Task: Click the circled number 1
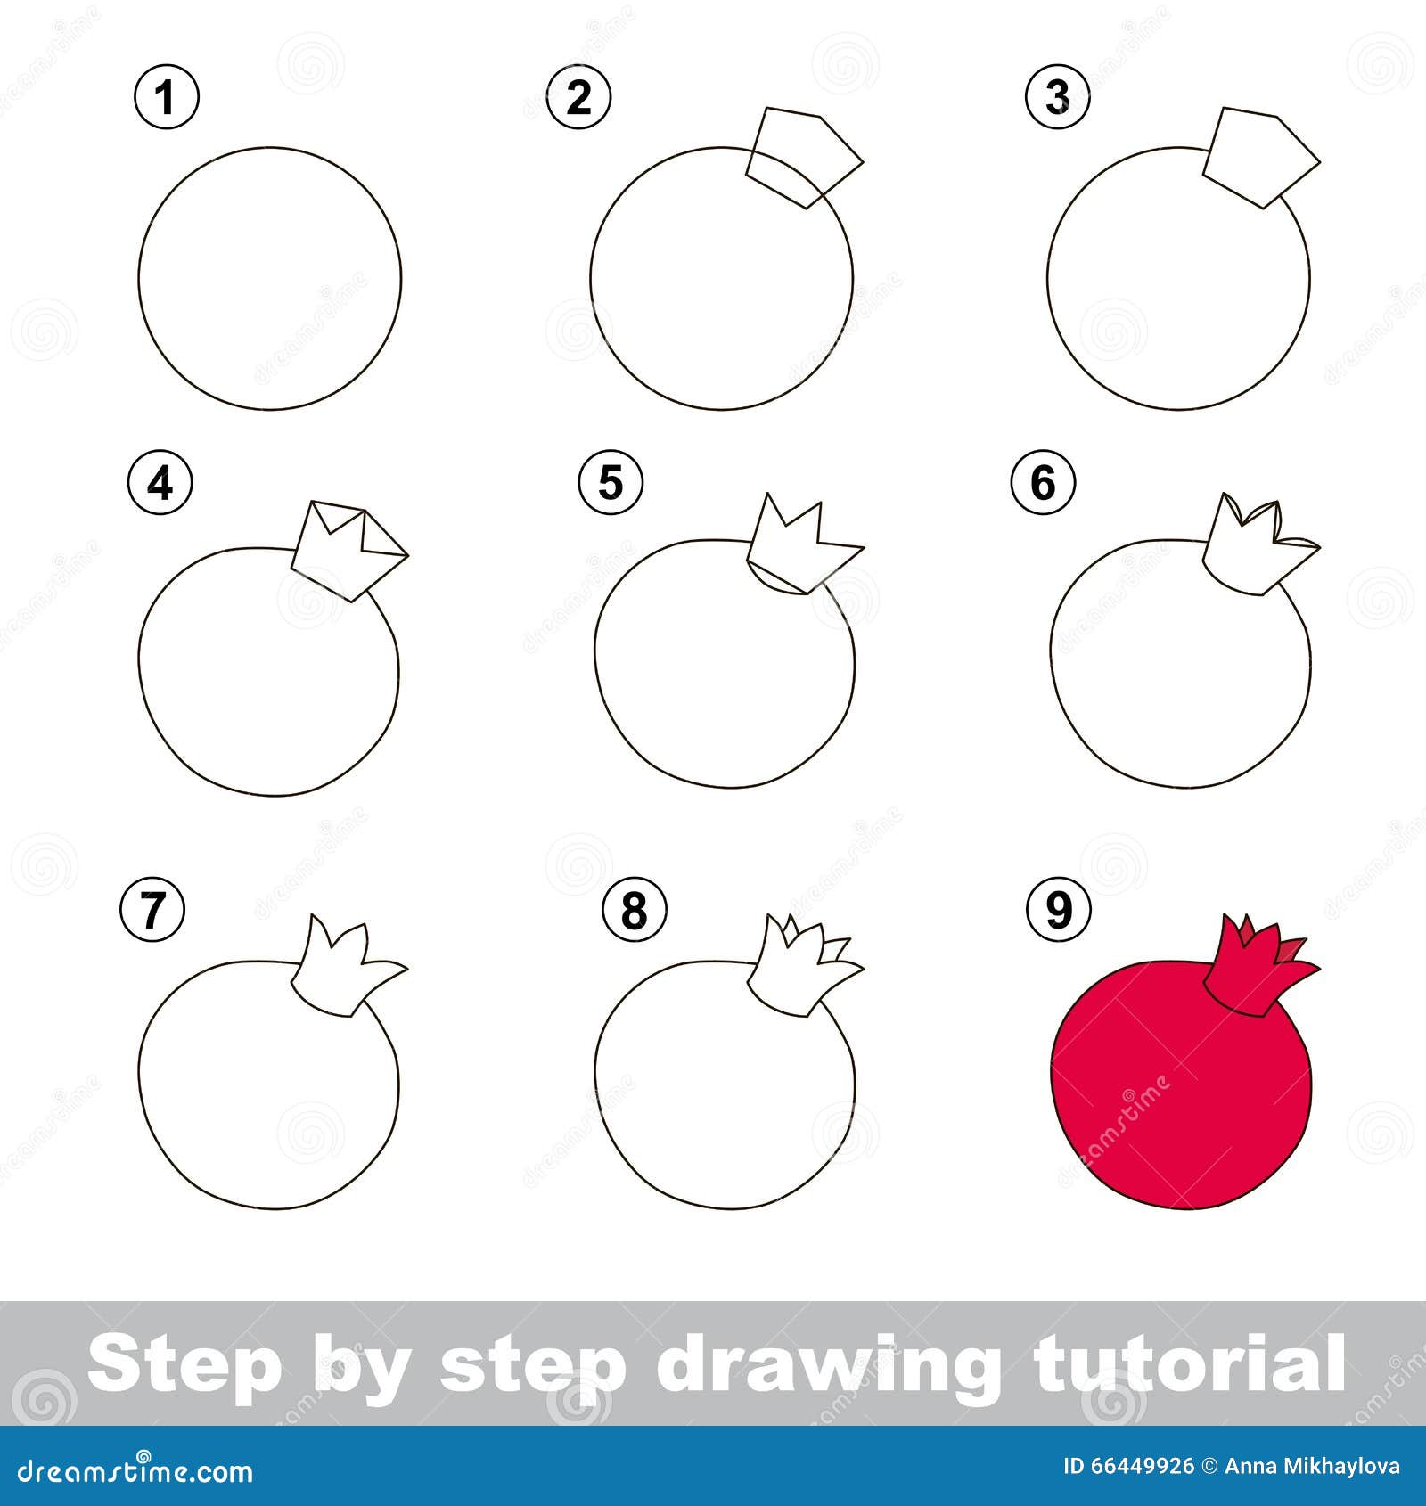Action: (166, 96)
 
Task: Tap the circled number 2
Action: (578, 96)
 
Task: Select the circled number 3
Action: (1058, 96)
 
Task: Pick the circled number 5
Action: (611, 482)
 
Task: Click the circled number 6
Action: (1043, 482)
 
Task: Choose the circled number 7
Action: (152, 910)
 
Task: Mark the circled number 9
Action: (1058, 910)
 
